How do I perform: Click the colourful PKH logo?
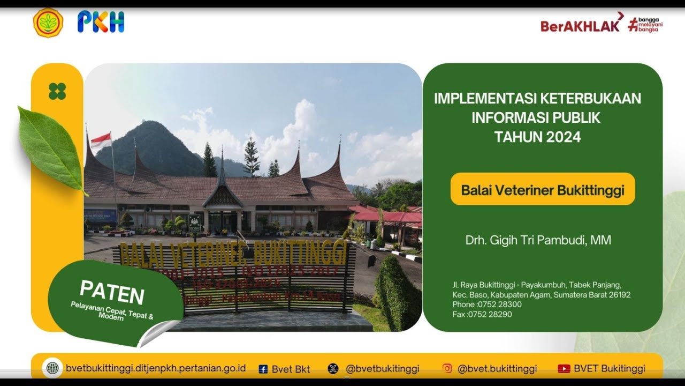pyautogui.click(x=101, y=22)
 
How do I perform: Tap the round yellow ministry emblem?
pyautogui.click(x=48, y=23)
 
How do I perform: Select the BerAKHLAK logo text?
pyautogui.click(x=580, y=25)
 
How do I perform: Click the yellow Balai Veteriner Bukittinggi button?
pyautogui.click(x=543, y=189)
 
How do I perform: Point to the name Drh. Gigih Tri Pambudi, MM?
pyautogui.click(x=538, y=240)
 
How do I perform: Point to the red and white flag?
pyautogui.click(x=101, y=140)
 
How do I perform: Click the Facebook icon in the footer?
pyautogui.click(x=263, y=369)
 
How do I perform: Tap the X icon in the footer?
pyautogui.click(x=333, y=369)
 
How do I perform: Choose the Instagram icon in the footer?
pyautogui.click(x=447, y=368)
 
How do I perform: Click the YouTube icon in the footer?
pyautogui.click(x=564, y=369)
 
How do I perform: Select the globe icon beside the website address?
pyautogui.click(x=52, y=368)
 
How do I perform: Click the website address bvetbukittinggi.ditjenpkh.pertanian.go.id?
pyautogui.click(x=156, y=368)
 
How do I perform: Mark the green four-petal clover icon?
pyautogui.click(x=57, y=91)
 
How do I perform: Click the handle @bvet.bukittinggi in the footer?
pyautogui.click(x=497, y=369)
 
